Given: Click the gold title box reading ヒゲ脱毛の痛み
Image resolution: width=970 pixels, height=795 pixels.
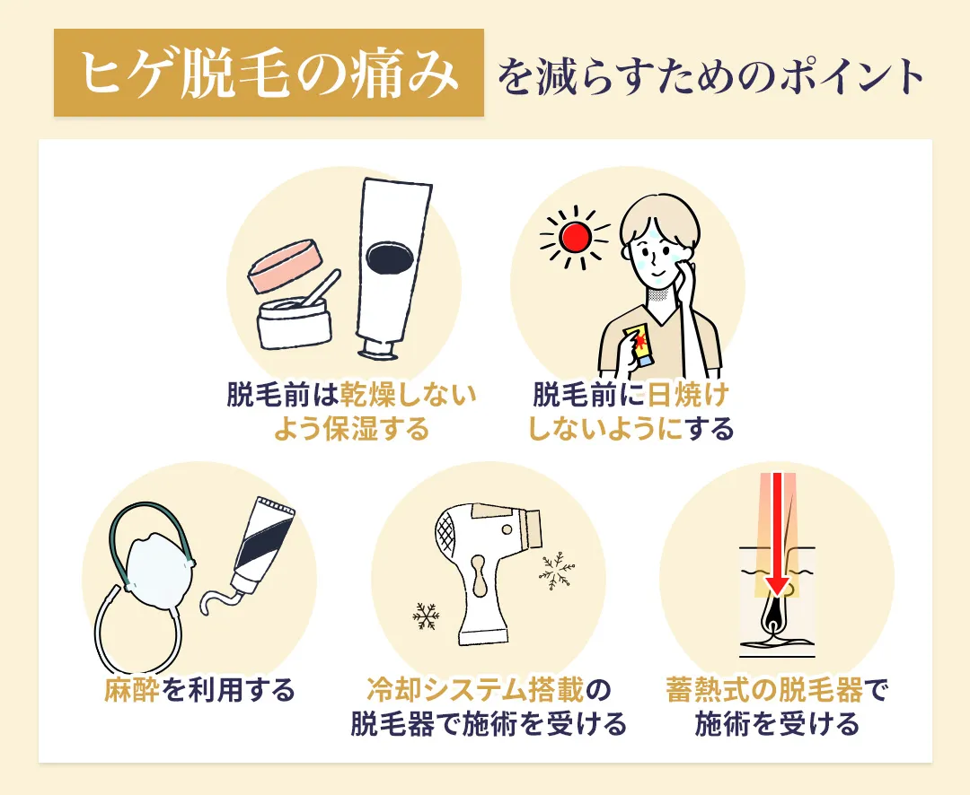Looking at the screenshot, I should [x=269, y=74].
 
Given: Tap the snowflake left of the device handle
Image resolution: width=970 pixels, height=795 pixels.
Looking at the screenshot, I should [x=425, y=616].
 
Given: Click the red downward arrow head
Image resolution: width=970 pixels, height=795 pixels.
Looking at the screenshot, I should [x=777, y=587].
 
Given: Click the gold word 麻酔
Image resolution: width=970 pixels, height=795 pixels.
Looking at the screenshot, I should [x=133, y=690].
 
